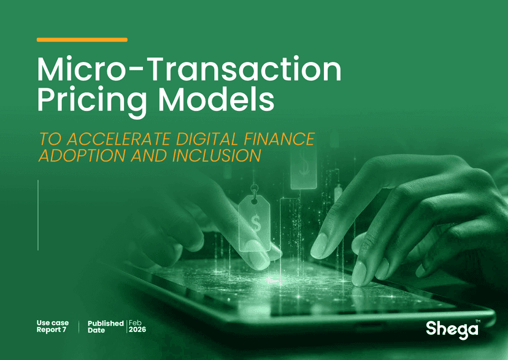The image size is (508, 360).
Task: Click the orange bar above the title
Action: tap(82, 40)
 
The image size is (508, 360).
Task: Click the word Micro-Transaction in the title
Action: tap(189, 69)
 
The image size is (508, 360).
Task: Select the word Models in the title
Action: tap(216, 99)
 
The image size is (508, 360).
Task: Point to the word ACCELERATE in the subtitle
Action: tap(118, 139)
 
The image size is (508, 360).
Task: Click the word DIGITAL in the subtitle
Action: tap(207, 139)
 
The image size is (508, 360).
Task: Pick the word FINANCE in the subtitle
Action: tap(279, 139)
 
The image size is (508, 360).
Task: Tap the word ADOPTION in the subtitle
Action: tap(82, 156)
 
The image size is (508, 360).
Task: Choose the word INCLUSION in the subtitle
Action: tap(217, 156)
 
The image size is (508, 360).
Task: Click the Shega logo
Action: tap(452, 329)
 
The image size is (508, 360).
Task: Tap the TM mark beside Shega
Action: tap(478, 321)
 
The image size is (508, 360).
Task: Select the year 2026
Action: tap(137, 329)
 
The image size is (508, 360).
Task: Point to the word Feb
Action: tap(135, 323)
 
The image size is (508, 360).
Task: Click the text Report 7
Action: tap(51, 329)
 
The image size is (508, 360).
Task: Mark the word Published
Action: tap(106, 323)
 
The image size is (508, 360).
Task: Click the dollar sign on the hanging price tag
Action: tap(256, 223)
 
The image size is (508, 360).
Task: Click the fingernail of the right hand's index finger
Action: tap(319, 246)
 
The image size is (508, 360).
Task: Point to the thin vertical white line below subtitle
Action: tap(38, 215)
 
